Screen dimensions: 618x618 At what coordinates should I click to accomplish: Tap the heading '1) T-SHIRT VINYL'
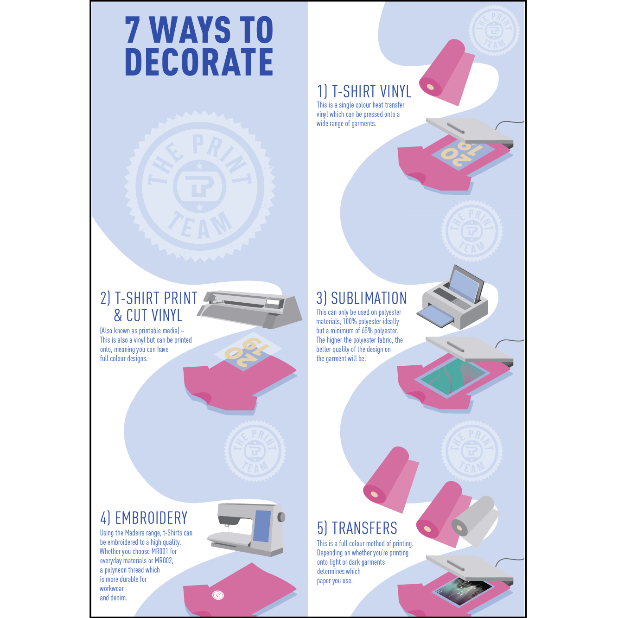point(364,91)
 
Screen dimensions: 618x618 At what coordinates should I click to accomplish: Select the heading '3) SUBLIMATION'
point(362,298)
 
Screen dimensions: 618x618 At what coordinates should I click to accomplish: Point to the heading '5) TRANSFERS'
point(357,528)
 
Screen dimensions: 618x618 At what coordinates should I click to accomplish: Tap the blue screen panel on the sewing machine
point(262,526)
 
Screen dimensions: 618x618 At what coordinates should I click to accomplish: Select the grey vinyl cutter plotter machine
point(249,309)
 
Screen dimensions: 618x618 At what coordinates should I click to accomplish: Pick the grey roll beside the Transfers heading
point(475,521)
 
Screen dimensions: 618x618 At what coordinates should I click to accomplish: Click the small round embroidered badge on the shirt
point(218,595)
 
